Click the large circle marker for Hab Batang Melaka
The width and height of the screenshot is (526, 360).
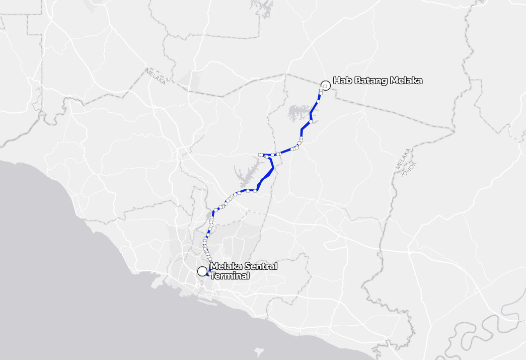(x=325, y=86)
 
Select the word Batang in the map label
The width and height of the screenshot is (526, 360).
(x=367, y=81)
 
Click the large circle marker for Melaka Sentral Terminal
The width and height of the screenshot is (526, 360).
(x=202, y=271)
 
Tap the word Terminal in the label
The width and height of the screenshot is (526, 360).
(x=230, y=276)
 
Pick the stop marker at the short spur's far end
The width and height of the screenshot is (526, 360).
(x=260, y=155)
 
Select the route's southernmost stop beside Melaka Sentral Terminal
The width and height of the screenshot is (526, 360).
(x=209, y=274)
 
